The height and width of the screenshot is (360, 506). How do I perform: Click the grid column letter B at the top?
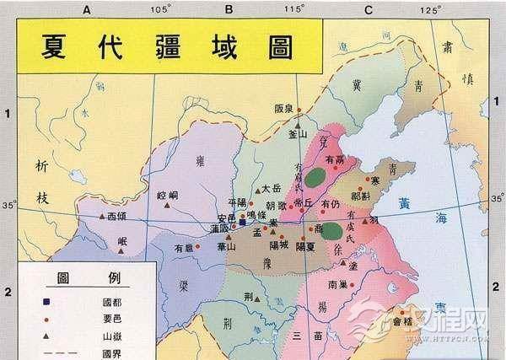(x=229, y=9)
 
